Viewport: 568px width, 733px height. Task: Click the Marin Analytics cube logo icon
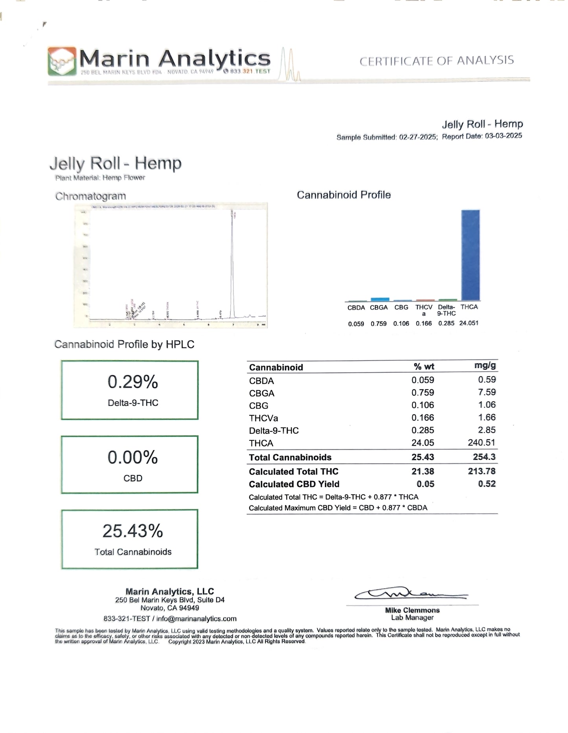[62, 61]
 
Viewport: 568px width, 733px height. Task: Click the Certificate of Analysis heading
[436, 61]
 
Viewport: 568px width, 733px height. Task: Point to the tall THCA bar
[470, 255]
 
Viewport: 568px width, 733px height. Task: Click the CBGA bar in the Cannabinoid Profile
[380, 299]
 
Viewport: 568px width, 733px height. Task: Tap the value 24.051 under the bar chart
[469, 323]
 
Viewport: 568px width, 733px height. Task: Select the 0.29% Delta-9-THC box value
[133, 382]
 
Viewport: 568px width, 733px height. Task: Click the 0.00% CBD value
[133, 458]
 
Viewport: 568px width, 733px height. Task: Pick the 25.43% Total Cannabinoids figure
[133, 531]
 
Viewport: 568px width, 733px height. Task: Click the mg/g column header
[485, 365]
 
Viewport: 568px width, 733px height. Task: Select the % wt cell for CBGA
[423, 392]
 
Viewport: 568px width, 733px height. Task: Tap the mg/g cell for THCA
[482, 443]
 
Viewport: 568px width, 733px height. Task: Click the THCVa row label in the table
[263, 418]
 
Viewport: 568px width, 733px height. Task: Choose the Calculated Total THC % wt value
[423, 471]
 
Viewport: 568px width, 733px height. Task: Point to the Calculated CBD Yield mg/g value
[487, 484]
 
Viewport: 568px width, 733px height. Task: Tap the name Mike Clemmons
[412, 610]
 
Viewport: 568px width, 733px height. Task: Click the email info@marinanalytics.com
[197, 619]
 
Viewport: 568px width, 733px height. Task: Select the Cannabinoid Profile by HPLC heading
[124, 345]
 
